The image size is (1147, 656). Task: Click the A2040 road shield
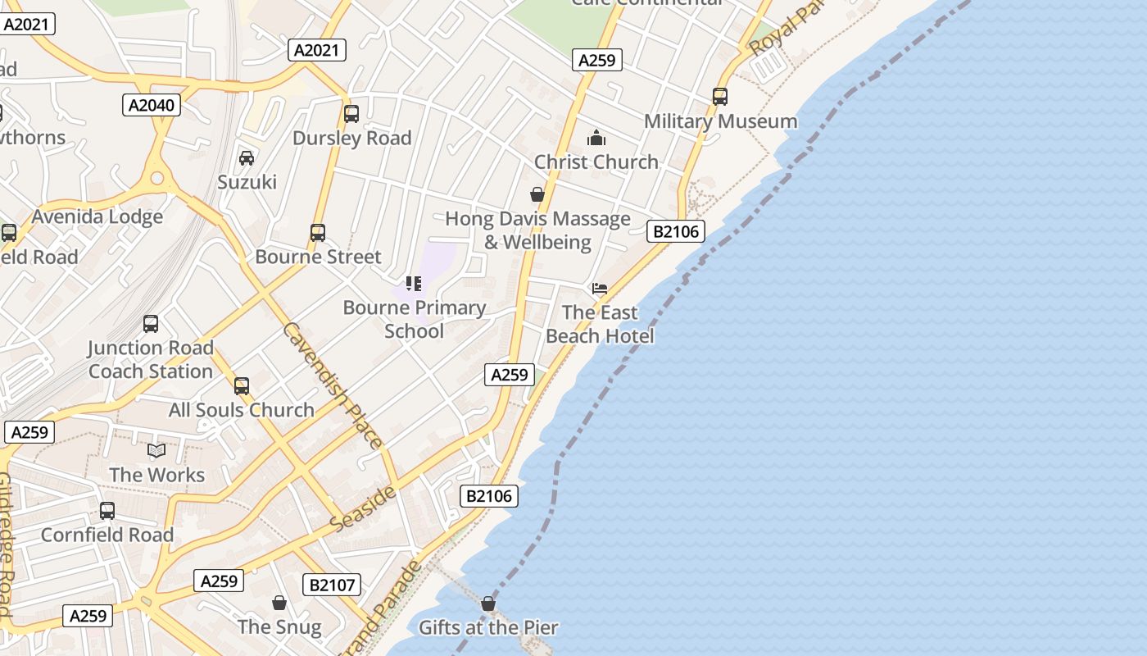point(153,105)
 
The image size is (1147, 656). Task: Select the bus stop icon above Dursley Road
point(351,114)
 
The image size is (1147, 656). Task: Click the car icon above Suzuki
point(247,158)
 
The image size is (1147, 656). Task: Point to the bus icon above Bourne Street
point(318,233)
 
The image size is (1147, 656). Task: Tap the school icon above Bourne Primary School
point(414,284)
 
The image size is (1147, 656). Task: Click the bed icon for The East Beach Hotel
point(600,289)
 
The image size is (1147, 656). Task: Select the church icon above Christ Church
point(596,138)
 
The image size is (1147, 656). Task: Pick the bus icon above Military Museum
point(720,97)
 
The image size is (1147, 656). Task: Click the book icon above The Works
point(156,450)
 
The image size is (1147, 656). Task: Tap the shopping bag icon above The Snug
point(279,603)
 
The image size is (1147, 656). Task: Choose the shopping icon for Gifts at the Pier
point(488,604)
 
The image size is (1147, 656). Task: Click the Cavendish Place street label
point(332,385)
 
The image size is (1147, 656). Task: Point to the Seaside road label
point(364,508)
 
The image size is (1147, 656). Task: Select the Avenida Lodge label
point(97,217)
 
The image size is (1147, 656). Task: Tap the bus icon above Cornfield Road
point(107,511)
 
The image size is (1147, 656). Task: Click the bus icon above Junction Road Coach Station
point(151,324)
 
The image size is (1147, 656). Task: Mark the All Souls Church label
point(242,410)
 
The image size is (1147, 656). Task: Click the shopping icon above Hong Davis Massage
point(537,194)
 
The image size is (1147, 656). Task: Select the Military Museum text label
point(721,121)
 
